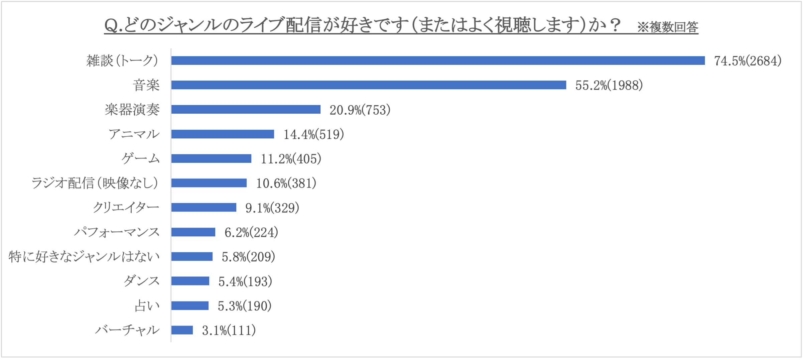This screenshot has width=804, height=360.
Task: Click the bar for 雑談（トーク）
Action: (x=438, y=61)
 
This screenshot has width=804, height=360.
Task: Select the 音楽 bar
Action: (x=369, y=85)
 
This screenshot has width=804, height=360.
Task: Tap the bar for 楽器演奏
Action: (x=246, y=109)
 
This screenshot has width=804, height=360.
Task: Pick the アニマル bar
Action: (x=223, y=134)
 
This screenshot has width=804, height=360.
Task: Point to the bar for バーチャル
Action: (x=182, y=330)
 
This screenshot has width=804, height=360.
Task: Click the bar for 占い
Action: (x=190, y=306)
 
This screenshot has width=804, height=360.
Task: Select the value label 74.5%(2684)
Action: (x=748, y=61)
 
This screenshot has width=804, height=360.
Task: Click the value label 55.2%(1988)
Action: (x=609, y=85)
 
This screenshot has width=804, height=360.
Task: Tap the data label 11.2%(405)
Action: (x=291, y=159)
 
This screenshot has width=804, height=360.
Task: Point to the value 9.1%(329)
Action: (x=272, y=208)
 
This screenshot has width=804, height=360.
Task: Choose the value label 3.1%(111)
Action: (x=229, y=331)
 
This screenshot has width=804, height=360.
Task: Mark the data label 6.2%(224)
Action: (x=251, y=232)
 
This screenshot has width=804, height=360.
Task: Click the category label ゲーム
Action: (x=141, y=158)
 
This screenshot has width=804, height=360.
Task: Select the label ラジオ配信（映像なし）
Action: (x=95, y=183)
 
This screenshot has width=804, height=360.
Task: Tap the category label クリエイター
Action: (x=126, y=207)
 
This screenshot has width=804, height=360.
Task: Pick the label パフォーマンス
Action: (x=117, y=232)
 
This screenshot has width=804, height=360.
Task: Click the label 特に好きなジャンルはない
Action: (x=84, y=256)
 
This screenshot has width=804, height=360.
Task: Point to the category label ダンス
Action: (x=142, y=281)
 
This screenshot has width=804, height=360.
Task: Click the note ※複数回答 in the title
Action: (x=667, y=27)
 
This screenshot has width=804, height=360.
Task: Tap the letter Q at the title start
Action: (x=111, y=25)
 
